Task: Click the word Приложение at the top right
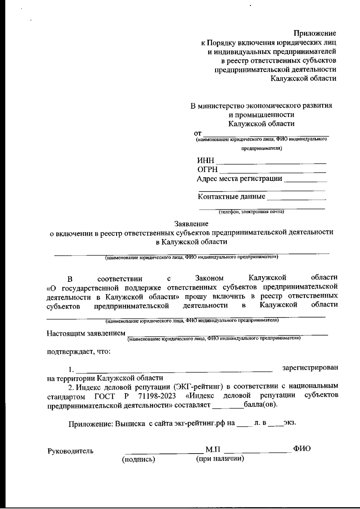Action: pos(315,33)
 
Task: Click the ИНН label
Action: pos(205,161)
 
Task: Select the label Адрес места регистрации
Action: pos(239,179)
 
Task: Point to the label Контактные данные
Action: pos(232,197)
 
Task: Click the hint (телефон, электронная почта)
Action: pos(251,212)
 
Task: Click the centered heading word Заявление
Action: pos(191,224)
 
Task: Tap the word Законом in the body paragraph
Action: pos(209,279)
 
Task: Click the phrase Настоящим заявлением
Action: pos(86,334)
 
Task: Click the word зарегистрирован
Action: pos(310,367)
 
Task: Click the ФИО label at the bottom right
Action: pos(302,449)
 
